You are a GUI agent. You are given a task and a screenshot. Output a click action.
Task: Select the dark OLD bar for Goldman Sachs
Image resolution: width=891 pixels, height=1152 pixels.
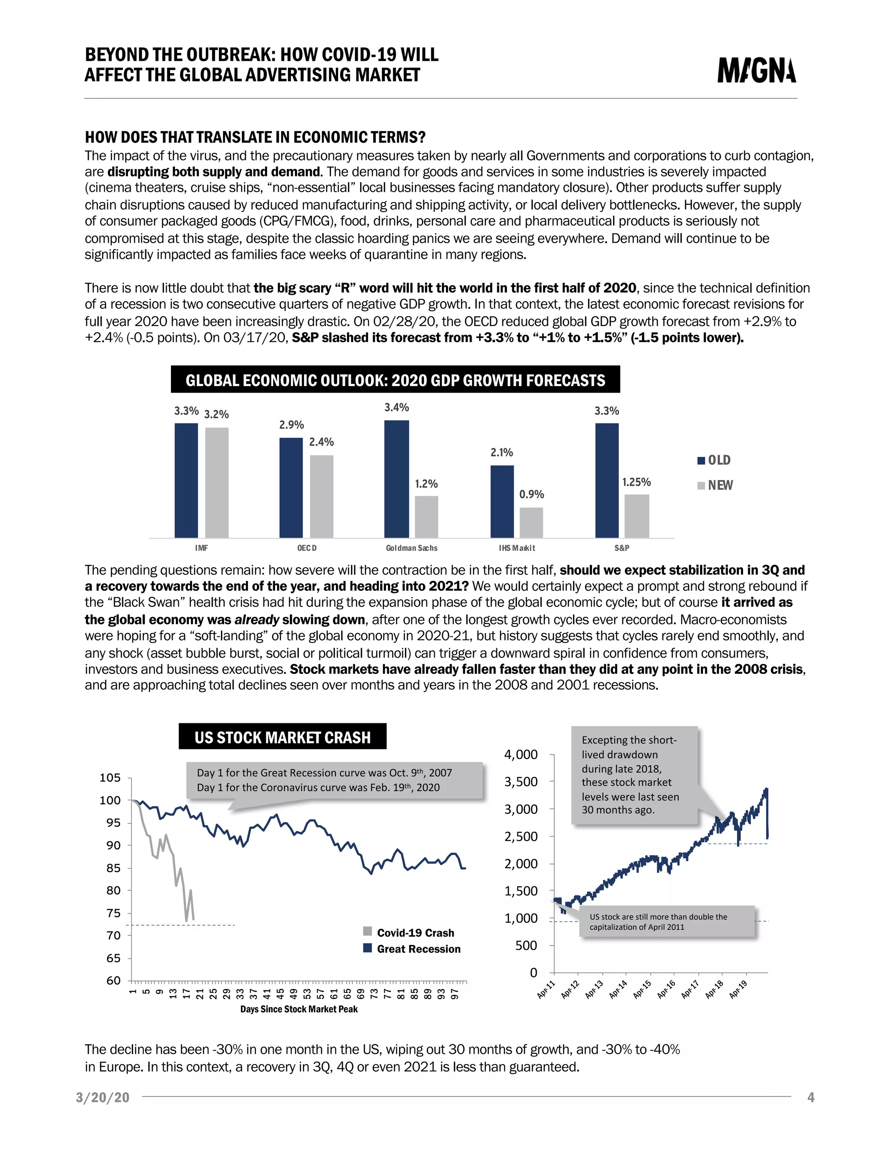[x=396, y=479]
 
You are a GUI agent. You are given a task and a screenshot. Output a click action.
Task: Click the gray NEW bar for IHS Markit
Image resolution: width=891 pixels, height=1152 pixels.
[x=531, y=522]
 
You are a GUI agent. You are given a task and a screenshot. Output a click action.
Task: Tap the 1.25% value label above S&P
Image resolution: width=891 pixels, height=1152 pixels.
[x=636, y=482]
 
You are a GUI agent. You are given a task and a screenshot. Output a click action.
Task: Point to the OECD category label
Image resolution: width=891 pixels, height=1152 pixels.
[x=307, y=548]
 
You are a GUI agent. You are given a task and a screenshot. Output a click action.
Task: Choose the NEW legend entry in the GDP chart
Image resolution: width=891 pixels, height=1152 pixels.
[x=715, y=485]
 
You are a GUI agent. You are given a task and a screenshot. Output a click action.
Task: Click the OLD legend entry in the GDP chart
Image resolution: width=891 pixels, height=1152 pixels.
[x=714, y=460]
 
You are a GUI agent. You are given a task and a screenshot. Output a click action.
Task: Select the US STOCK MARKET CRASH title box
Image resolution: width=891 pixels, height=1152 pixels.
[x=282, y=737]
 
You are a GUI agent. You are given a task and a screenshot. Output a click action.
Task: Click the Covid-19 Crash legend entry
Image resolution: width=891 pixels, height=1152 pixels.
[x=409, y=932]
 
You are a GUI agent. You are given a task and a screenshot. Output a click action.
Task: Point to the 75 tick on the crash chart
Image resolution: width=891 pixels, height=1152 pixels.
[x=114, y=913]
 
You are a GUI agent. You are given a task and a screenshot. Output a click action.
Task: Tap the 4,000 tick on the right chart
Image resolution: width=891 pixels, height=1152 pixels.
[x=520, y=754]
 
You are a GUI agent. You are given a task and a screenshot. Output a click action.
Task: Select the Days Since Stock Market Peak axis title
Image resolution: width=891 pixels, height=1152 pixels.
[x=299, y=1009]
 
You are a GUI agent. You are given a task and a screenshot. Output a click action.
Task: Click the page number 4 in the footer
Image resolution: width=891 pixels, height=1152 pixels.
[x=811, y=1098]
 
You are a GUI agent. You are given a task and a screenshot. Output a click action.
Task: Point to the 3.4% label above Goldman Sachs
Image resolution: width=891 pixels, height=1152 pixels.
[x=396, y=407]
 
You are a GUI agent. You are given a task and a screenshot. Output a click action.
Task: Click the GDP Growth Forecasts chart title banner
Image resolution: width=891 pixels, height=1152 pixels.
[x=395, y=380]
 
